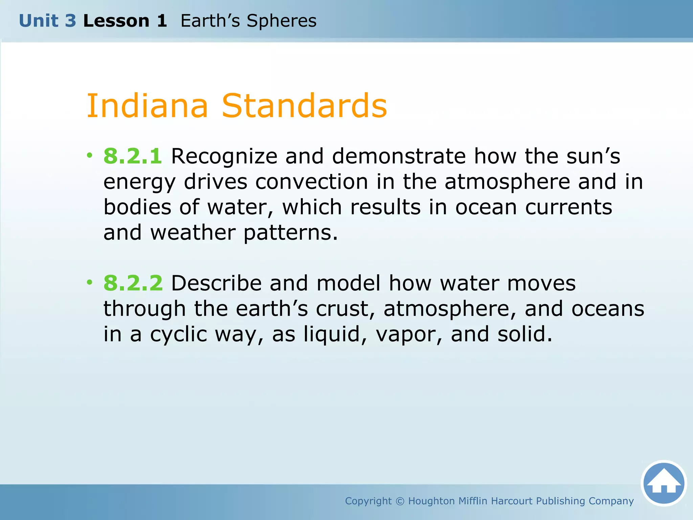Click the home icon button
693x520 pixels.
tap(664, 483)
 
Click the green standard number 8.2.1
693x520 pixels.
tap(133, 156)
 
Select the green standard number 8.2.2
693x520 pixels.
tap(133, 283)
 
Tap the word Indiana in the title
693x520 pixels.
tap(147, 106)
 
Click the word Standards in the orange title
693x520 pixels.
tap(304, 106)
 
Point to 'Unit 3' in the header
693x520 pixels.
tap(47, 21)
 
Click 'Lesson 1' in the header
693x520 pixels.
tap(125, 21)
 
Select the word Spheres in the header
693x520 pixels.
tap(282, 21)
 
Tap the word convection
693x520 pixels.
tap(311, 182)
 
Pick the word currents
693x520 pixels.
tap(568, 207)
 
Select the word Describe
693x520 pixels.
tap(216, 283)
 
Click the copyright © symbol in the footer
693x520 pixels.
tap(400, 501)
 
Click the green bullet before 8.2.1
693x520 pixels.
tap(89, 155)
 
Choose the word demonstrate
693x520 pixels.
tap(399, 156)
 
